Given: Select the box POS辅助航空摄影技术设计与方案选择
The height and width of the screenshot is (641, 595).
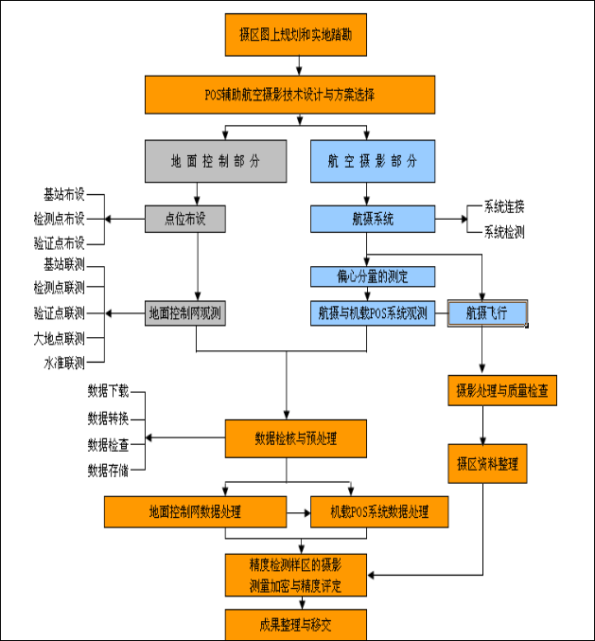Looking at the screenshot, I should (x=289, y=94).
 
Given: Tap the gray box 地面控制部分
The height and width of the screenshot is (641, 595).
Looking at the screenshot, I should (x=216, y=161).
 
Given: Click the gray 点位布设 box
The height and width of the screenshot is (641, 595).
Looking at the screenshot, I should (x=187, y=220).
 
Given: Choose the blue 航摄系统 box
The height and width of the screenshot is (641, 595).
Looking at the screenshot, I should (x=373, y=220).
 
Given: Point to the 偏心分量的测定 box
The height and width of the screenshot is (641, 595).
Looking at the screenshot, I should (x=373, y=276).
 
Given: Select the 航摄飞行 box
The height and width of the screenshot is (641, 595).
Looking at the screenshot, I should (x=486, y=312).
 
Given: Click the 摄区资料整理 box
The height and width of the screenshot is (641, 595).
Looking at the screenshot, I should (x=486, y=465).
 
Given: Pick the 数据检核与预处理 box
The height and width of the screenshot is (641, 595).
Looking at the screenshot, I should (x=296, y=438).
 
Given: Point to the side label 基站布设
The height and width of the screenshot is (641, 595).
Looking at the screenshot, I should (x=64, y=195).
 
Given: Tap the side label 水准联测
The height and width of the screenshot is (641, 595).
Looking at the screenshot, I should (x=64, y=363).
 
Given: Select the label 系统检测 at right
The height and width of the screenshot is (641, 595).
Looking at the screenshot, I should (x=504, y=231).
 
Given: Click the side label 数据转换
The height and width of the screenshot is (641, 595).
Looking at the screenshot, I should (x=108, y=418).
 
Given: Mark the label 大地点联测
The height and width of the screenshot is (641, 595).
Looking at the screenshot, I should (x=59, y=338).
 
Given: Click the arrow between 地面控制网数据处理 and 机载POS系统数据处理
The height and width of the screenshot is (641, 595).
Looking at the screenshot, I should (x=299, y=512).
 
